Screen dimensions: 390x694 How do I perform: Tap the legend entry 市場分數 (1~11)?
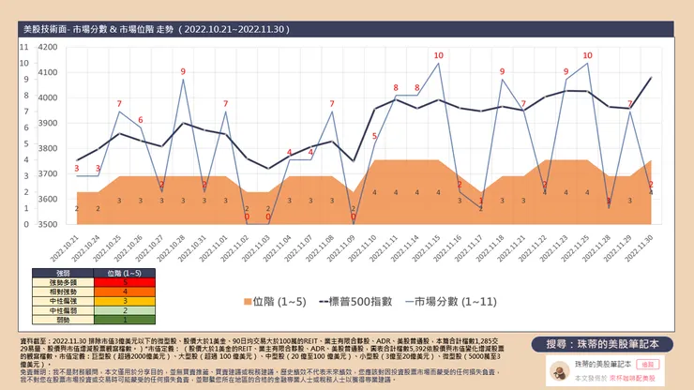(442, 303)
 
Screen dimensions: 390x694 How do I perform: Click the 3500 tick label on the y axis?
(47, 225)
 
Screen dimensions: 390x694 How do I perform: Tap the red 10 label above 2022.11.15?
(438, 55)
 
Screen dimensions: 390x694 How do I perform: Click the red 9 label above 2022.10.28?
(183, 71)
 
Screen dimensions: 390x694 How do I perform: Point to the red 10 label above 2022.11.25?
(587, 55)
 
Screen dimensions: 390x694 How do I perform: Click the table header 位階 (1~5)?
(126, 272)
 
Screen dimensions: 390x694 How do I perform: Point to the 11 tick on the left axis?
(24, 46)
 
